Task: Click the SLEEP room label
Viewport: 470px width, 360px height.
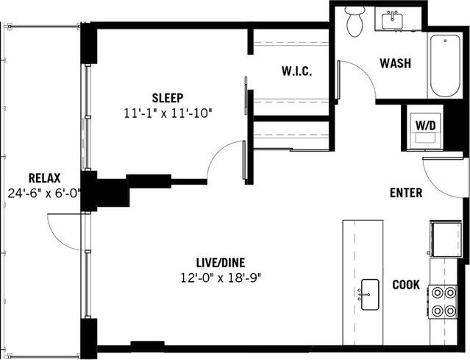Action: click(168, 98)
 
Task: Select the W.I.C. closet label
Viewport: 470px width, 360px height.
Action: click(298, 72)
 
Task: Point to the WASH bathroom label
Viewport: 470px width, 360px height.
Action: click(395, 63)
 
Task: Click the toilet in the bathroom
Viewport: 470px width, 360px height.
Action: click(355, 21)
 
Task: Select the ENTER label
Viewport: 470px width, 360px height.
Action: click(405, 193)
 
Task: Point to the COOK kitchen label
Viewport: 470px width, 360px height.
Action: click(405, 285)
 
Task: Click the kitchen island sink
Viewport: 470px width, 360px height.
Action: click(369, 294)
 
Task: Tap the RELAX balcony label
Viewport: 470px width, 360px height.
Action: click(44, 178)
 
